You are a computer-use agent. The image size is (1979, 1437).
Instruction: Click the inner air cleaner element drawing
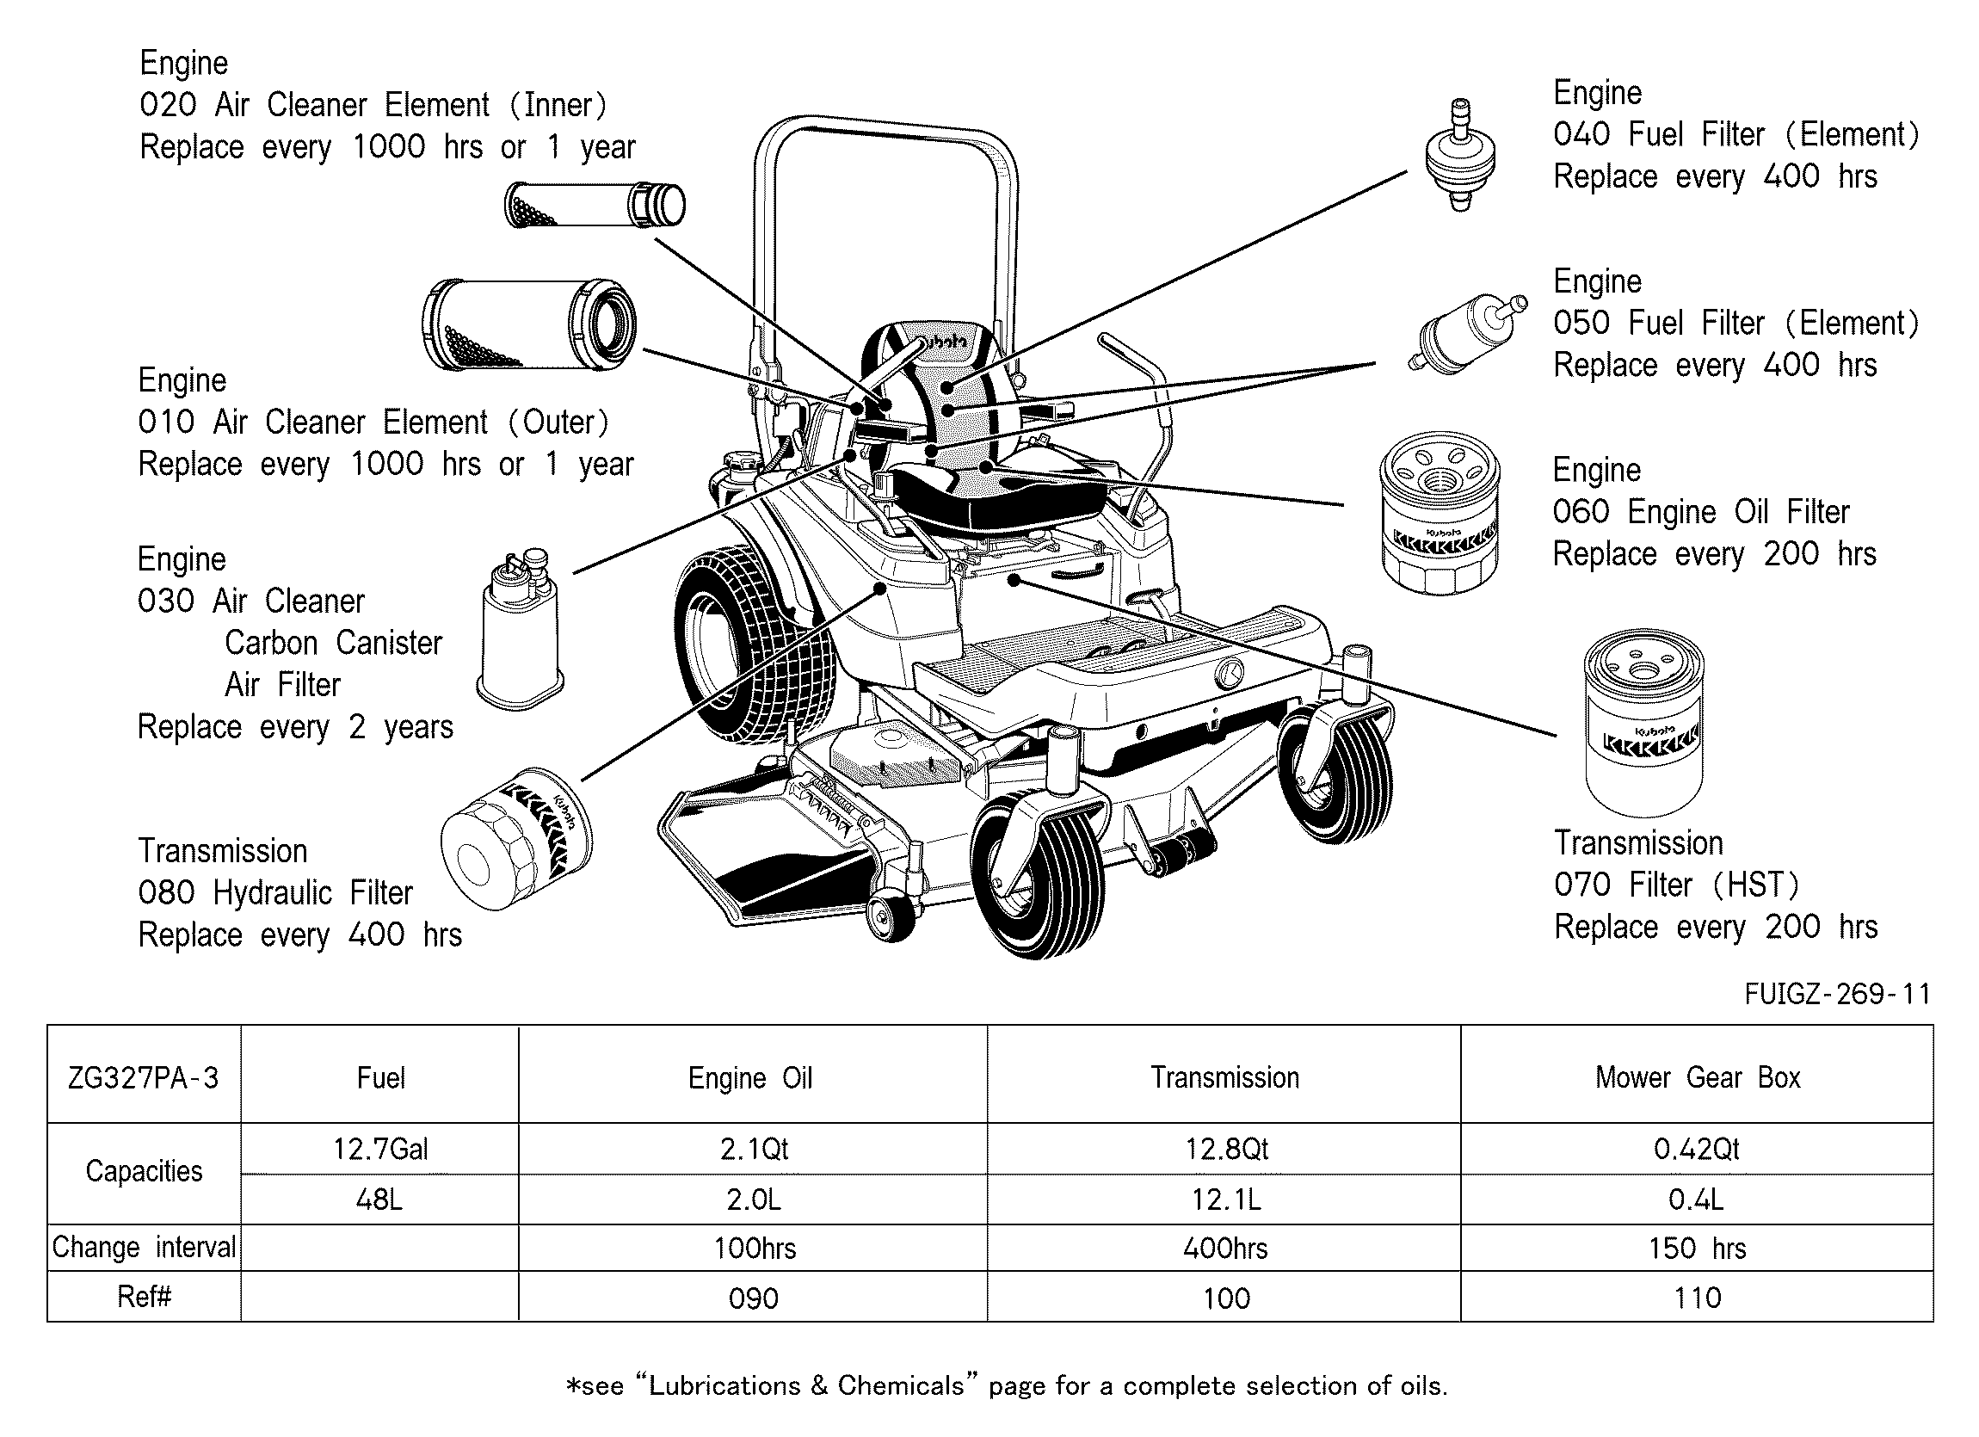pos(595,206)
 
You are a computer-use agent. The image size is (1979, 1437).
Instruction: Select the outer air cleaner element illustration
pos(529,324)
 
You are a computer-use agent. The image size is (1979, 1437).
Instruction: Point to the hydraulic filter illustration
pos(516,838)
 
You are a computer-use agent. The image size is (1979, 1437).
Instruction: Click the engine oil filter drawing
pos(1440,513)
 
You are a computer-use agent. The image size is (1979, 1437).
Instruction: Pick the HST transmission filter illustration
pos(1643,724)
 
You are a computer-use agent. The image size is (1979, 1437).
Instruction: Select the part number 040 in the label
pos(1581,134)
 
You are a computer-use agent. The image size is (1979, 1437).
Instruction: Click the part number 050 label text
pos(1581,323)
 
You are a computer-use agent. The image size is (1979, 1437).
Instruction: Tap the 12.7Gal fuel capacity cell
pos(379,1148)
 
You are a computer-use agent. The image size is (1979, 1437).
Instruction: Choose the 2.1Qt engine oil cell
pos(753,1148)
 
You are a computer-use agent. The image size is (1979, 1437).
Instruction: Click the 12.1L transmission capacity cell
pos(1225,1200)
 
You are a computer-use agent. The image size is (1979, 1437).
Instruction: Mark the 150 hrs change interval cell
pos(1697,1248)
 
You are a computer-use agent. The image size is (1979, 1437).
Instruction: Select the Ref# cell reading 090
pos(753,1298)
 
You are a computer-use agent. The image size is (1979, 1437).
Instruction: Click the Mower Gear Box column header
pos(1697,1077)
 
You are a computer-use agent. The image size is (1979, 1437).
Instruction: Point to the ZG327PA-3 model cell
pos(144,1077)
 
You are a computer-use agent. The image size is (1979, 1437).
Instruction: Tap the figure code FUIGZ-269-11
pos(1837,993)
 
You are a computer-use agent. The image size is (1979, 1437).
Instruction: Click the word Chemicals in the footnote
pos(901,1385)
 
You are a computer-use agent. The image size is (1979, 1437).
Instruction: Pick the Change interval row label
pos(144,1248)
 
